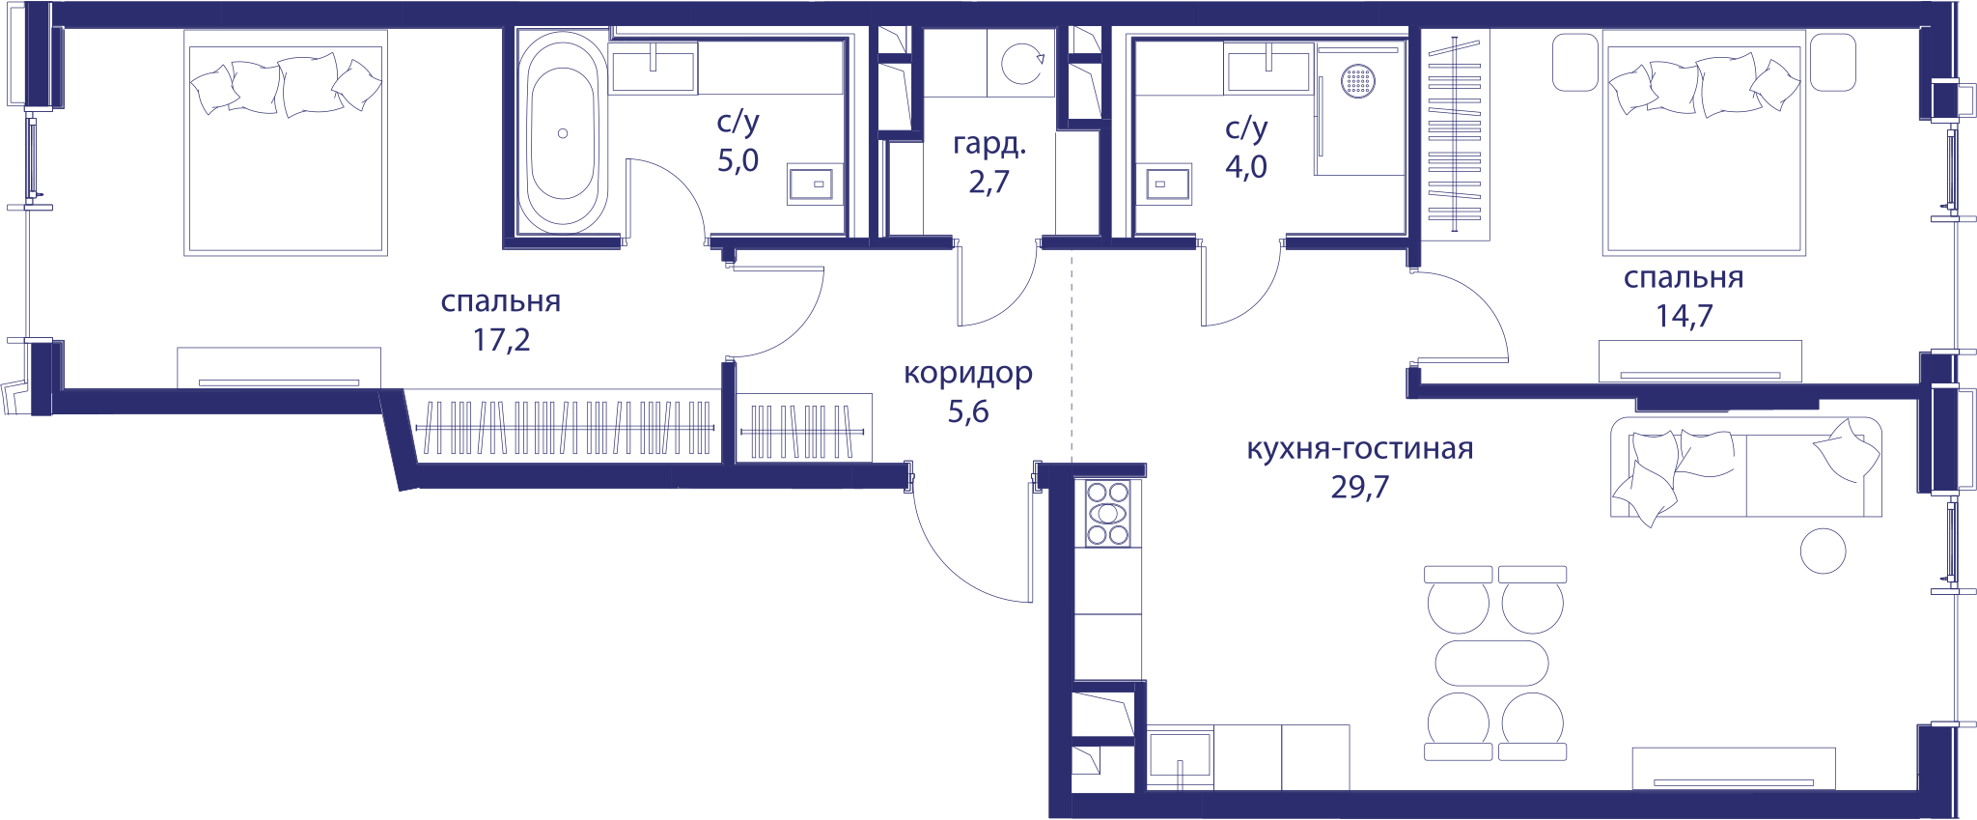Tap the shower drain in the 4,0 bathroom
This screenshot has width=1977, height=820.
tap(1357, 80)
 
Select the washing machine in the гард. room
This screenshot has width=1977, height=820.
tap(1020, 63)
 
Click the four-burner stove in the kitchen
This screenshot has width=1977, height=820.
tap(1107, 513)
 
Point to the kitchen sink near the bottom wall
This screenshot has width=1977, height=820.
tap(1180, 756)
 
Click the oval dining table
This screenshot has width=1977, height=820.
tap(1491, 664)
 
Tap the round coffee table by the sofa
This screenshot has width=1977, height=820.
tap(1823, 551)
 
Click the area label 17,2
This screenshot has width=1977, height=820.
tap(501, 340)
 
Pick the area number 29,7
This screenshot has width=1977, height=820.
tap(1359, 487)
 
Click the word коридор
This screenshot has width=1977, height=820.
tap(968, 373)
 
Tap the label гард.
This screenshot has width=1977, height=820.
tap(989, 144)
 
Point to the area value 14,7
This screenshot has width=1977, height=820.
tap(1685, 316)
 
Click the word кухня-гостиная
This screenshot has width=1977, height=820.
tap(1360, 448)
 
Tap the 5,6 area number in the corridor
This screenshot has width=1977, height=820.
tap(968, 412)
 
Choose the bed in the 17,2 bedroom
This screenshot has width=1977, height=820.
tap(286, 143)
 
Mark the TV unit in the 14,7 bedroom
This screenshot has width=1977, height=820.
tap(1700, 361)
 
